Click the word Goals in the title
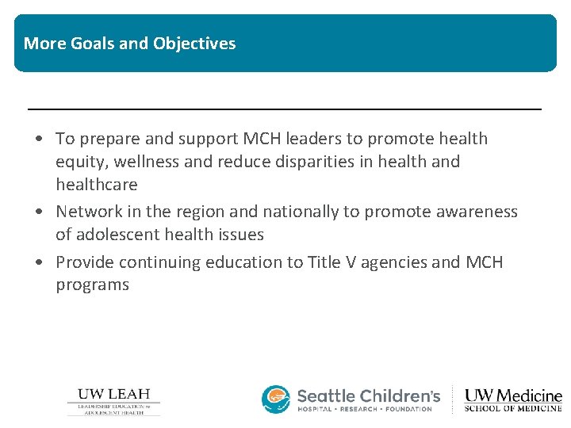92,44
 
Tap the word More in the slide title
44,44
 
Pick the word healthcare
96,185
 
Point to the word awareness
477,212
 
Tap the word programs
92,285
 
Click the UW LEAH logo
113,401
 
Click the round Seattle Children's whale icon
276,399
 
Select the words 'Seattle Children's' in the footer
368,395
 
